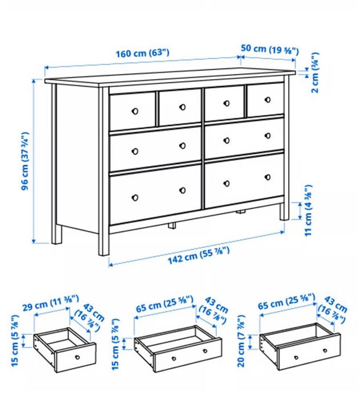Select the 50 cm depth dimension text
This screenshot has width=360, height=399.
pyautogui.click(x=269, y=50)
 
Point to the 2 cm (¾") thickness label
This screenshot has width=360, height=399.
pyautogui.click(x=315, y=75)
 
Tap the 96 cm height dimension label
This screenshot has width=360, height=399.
pyautogui.click(x=26, y=162)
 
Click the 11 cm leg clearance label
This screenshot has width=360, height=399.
pyautogui.click(x=309, y=209)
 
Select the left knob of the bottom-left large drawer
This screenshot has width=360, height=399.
pyautogui.click(x=135, y=197)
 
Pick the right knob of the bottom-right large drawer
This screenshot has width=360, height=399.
pyautogui.click(x=267, y=178)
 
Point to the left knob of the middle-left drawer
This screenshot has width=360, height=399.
pyautogui.click(x=135, y=151)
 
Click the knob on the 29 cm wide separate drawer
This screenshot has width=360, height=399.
pyautogui.click(x=78, y=357)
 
